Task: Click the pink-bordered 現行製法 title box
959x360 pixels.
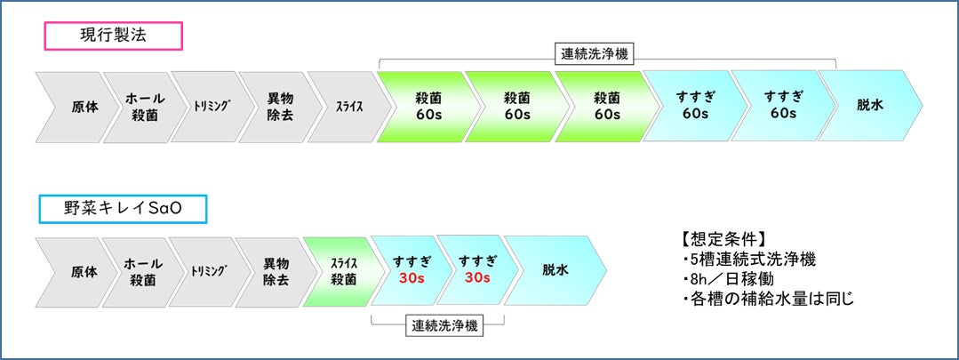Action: pyautogui.click(x=113, y=36)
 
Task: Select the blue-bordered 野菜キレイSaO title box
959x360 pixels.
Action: pyautogui.click(x=123, y=209)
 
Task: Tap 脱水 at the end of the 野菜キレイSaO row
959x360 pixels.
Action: pyautogui.click(x=555, y=271)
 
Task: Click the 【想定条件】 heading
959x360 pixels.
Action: pyautogui.click(x=721, y=239)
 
